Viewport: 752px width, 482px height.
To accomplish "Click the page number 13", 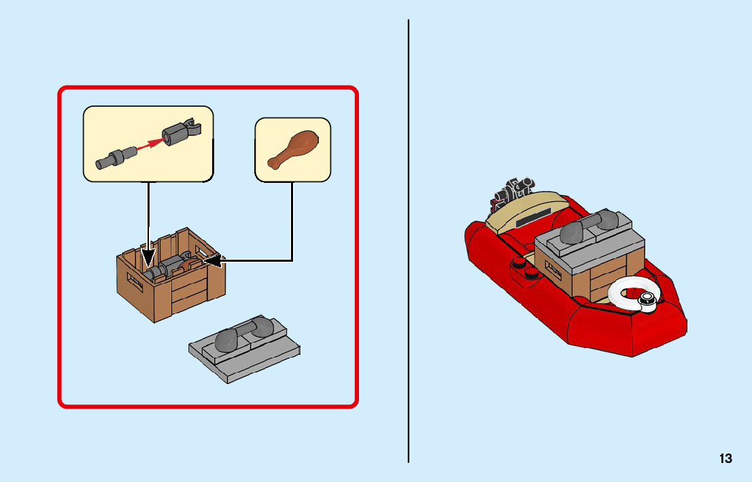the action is pyautogui.click(x=725, y=458).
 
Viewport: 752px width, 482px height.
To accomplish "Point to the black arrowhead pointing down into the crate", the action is pyautogui.click(x=148, y=259).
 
